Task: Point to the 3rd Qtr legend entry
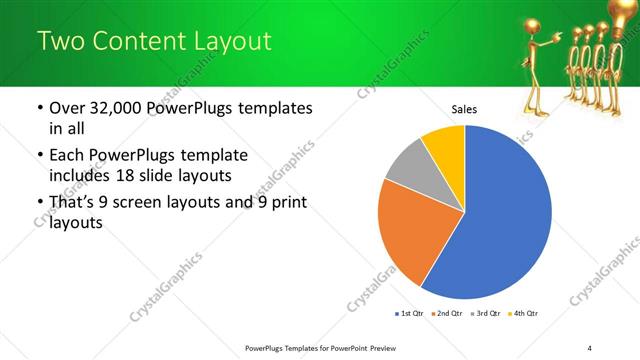click(x=485, y=314)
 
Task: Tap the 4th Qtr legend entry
click(x=524, y=314)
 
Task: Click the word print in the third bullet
click(x=286, y=203)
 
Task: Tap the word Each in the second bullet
click(x=67, y=155)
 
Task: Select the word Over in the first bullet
click(x=68, y=108)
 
